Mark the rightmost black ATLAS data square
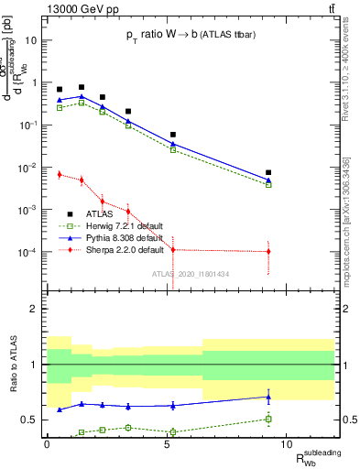click(268, 172)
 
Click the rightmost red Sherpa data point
click(268, 251)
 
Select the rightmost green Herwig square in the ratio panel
click(268, 420)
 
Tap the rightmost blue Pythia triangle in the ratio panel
click(268, 397)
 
